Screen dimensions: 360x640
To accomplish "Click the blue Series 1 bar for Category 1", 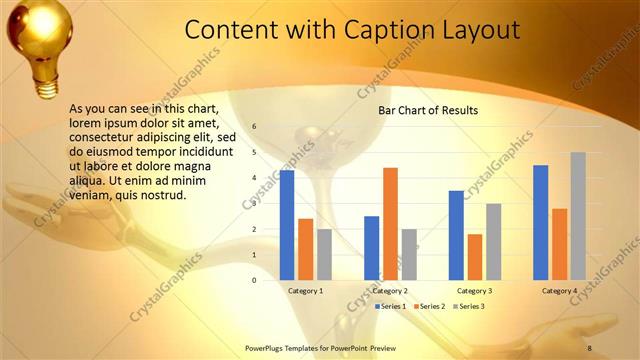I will coord(287,225).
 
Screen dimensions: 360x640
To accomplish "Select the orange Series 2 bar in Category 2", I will coord(390,224).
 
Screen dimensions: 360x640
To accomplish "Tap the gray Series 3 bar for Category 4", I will coord(578,216).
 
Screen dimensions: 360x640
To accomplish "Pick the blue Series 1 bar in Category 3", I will coord(456,235).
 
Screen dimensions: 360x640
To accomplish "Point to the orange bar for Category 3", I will coord(475,257).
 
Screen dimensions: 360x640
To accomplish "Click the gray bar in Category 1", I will coord(324,255).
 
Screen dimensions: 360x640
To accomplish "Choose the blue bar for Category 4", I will coord(541,222).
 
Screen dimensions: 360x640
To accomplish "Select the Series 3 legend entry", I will coord(470,305).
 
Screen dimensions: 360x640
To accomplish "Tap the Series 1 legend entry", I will coord(390,305).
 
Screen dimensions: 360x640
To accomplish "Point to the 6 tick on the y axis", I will coord(254,127).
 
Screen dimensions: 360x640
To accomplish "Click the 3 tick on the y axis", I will coord(254,204).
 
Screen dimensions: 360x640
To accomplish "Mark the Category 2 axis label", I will coord(390,291).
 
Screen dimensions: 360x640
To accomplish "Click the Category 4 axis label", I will coord(560,291).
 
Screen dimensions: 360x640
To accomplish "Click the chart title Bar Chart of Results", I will coord(428,110).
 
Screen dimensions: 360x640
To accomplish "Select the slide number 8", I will coord(589,348).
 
